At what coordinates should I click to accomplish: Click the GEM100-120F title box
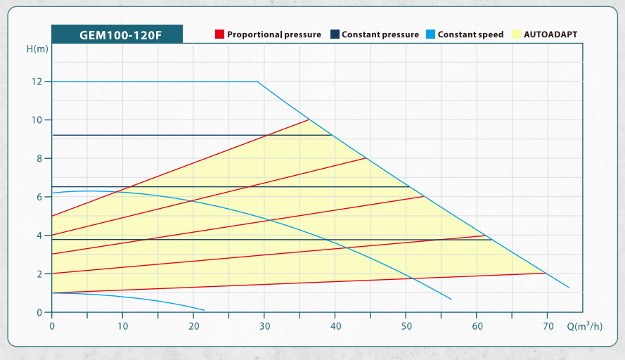coord(117,34)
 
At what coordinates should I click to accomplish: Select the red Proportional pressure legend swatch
coord(220,34)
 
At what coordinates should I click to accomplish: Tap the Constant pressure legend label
coord(380,34)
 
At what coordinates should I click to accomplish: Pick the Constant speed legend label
coord(470,34)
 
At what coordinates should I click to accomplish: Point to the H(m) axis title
coord(37,49)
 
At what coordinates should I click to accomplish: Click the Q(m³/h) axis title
coord(585,327)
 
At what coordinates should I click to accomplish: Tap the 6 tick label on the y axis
coord(39,197)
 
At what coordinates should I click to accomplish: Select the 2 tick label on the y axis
coord(39,274)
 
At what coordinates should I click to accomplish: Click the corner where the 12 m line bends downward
coord(257,82)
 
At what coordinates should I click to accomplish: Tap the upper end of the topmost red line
coord(309,120)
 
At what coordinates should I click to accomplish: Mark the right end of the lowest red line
coord(546,273)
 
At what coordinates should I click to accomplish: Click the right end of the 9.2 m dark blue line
coord(332,135)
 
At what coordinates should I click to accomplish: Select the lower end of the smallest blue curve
coord(205,310)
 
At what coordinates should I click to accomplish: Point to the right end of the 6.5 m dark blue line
coord(409,187)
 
